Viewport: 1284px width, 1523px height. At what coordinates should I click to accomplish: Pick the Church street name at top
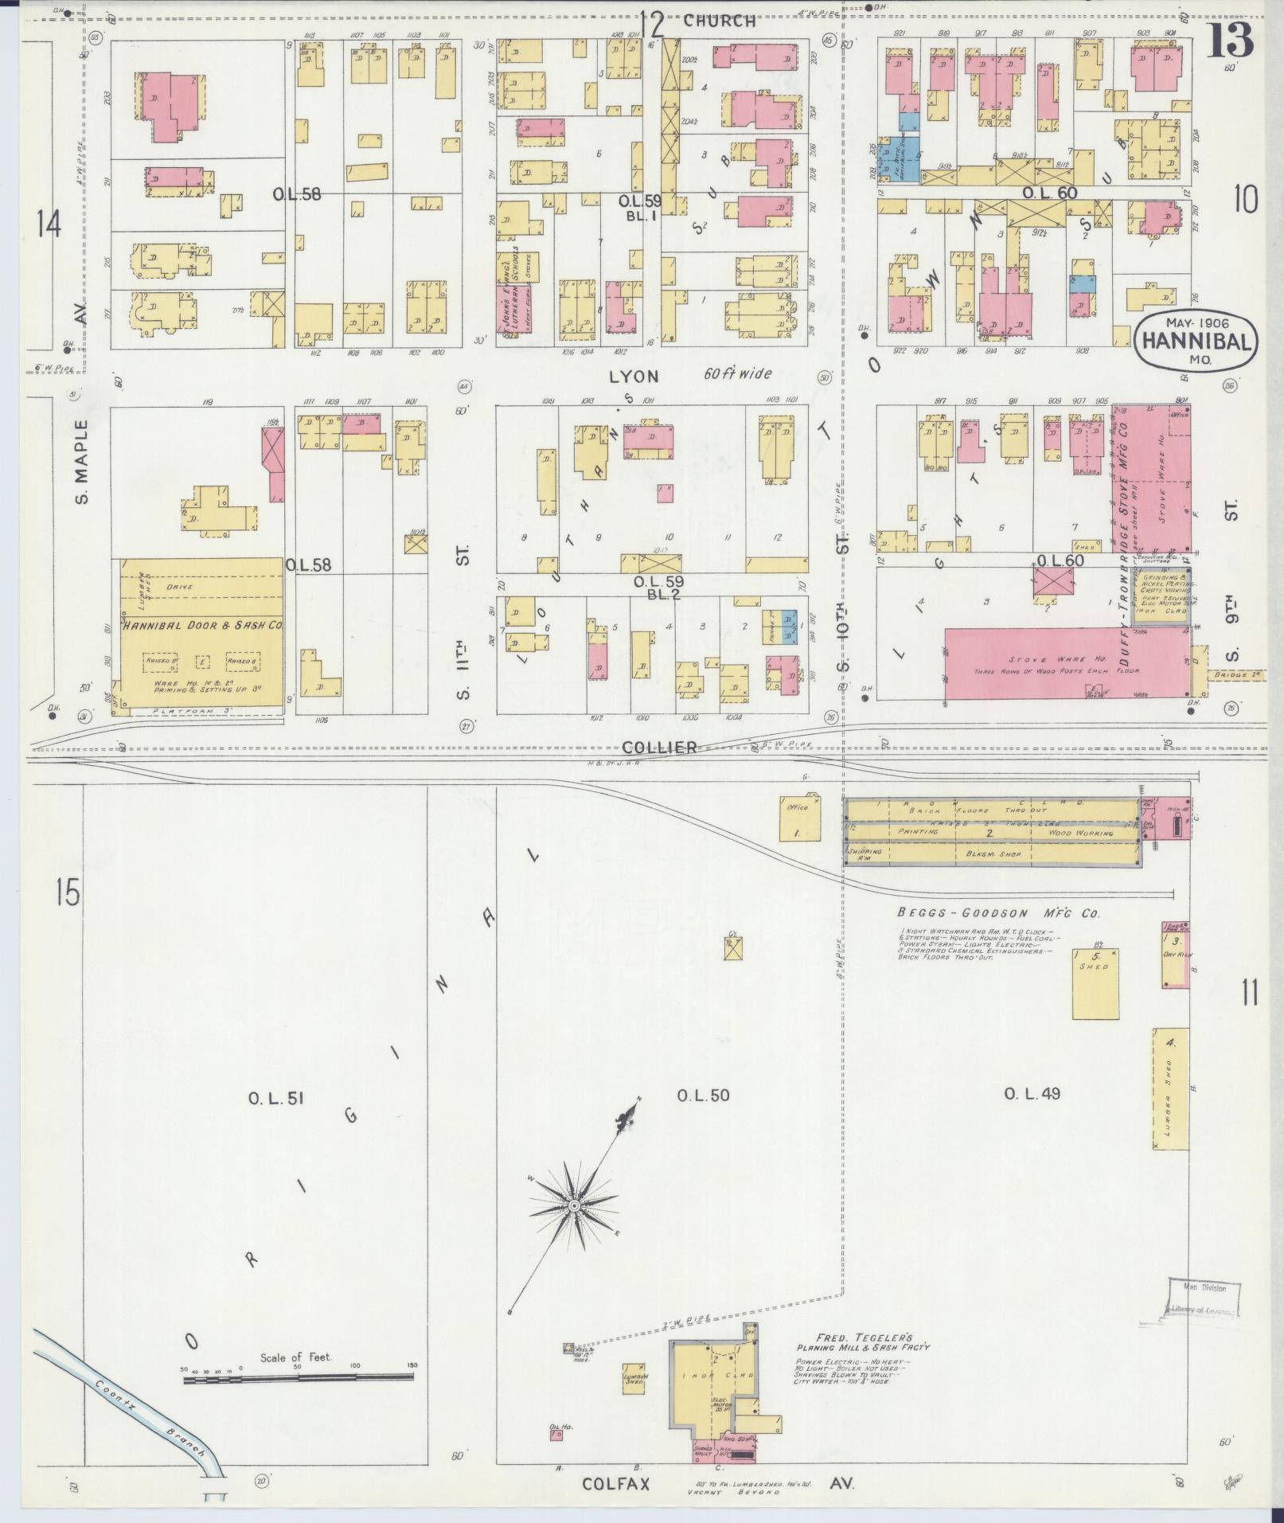[719, 21]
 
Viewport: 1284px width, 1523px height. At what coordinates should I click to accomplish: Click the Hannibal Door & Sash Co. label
[203, 626]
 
